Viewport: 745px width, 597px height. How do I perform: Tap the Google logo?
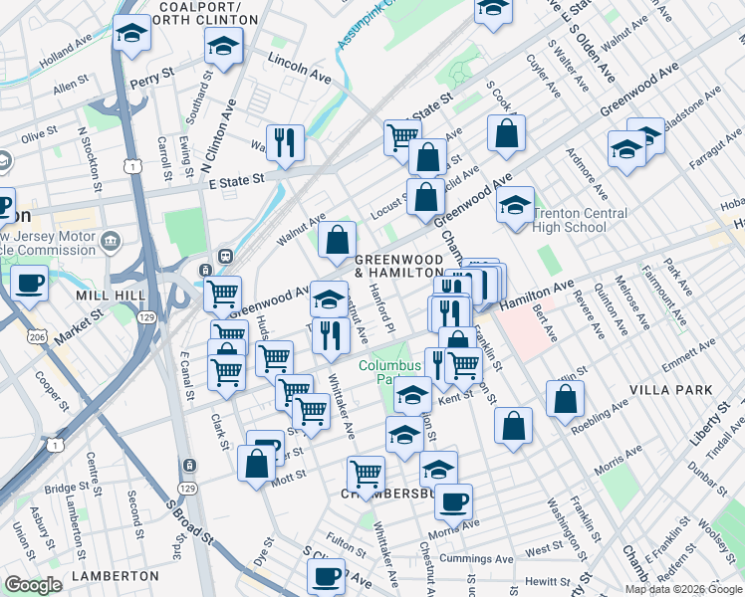(33, 585)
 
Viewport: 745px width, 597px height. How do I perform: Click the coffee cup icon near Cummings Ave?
(326, 575)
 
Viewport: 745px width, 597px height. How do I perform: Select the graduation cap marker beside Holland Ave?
(131, 36)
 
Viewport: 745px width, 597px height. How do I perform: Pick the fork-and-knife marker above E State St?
(285, 141)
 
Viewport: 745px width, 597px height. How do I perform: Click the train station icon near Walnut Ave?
(226, 255)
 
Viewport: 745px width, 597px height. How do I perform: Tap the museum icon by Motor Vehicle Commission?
(110, 241)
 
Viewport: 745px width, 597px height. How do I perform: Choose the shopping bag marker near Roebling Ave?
(565, 398)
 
